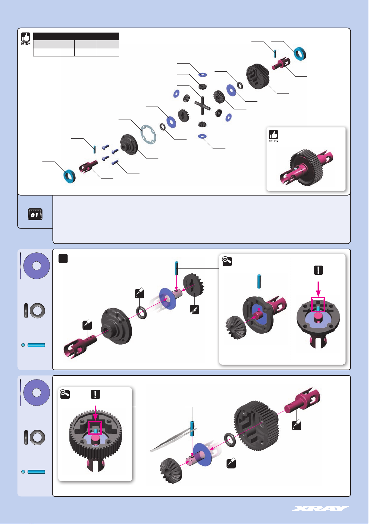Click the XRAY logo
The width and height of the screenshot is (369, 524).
click(x=320, y=508)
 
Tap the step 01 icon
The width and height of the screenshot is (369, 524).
click(x=35, y=214)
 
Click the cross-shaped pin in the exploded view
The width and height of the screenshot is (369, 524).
click(x=202, y=105)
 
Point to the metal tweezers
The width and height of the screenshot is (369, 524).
click(x=173, y=440)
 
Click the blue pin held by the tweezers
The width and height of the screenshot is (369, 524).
click(x=192, y=429)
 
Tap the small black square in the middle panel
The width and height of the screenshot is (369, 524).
click(x=63, y=259)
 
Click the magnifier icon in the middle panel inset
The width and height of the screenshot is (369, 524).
click(x=227, y=261)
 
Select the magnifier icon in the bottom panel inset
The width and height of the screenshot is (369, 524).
click(x=65, y=394)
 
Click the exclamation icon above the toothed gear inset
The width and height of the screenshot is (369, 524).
click(x=95, y=394)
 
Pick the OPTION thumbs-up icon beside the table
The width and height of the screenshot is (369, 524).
click(x=26, y=38)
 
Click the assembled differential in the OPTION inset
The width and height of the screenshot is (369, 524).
click(x=306, y=167)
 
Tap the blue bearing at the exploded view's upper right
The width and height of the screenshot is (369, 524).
click(x=300, y=54)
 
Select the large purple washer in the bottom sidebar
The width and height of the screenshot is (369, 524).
click(x=37, y=393)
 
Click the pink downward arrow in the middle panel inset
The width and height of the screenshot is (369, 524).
click(x=318, y=289)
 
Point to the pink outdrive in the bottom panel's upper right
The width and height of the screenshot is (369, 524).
click(x=302, y=400)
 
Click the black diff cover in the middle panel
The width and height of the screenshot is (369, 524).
click(x=116, y=326)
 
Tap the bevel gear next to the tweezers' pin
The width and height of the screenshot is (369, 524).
click(x=171, y=470)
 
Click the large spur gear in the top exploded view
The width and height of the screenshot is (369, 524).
click(x=257, y=77)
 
